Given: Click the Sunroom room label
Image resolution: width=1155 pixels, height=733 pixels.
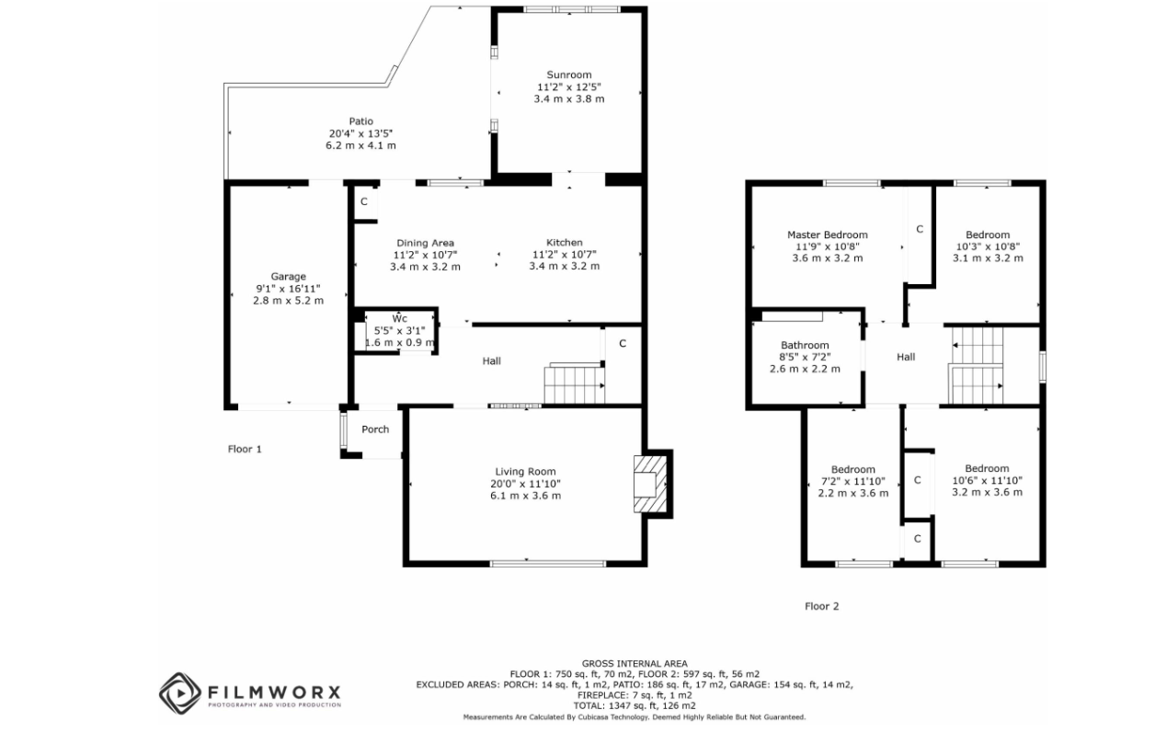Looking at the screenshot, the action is (568, 74).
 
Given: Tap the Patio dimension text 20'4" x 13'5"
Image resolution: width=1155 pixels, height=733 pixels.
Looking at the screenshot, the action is (360, 133).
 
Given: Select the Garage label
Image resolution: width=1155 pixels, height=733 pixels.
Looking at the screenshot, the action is (288, 277).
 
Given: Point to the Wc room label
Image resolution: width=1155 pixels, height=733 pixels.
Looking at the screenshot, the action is (400, 318).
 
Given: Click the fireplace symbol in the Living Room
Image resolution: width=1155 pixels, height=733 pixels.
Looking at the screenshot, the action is (649, 484).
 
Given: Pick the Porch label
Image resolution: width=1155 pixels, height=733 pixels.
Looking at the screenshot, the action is (375, 429).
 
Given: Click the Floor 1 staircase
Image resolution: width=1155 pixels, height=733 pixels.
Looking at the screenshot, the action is (575, 384).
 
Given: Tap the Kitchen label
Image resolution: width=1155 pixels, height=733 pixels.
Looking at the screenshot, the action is (565, 243).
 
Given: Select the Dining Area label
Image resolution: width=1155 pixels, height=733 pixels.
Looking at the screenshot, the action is (426, 243).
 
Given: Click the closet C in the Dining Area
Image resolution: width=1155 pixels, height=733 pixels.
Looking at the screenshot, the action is (364, 201).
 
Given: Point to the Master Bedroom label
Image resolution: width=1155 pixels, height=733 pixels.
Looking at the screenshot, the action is (828, 235).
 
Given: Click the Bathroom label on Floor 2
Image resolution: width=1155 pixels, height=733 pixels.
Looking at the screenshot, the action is (805, 345).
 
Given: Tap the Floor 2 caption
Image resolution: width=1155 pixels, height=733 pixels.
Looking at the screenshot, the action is (822, 606).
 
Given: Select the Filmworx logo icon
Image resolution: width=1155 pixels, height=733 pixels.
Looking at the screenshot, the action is (180, 693).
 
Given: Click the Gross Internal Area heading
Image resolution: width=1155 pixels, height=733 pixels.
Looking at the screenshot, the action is (635, 664).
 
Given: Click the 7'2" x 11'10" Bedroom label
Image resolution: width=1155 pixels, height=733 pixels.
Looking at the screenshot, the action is (853, 469).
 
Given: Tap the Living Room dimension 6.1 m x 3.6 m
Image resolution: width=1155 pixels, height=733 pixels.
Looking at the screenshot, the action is (525, 496).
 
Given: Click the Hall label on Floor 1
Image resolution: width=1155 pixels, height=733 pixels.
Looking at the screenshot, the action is (491, 361).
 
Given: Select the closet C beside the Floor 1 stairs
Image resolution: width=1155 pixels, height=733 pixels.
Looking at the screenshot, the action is (623, 344).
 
